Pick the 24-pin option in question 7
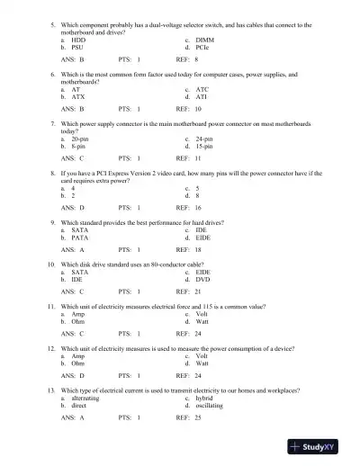pos(204,139)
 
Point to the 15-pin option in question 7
pos(204,146)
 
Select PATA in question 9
pos(80,238)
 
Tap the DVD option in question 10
pos(203,279)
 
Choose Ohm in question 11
pos(78,320)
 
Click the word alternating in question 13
pos(85,399)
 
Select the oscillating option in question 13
pos(210,406)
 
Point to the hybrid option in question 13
pos(204,399)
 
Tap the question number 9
pos(53,221)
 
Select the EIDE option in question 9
pos(204,238)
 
